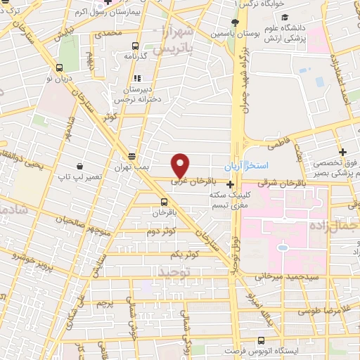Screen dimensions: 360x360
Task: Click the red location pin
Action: (x=181, y=165)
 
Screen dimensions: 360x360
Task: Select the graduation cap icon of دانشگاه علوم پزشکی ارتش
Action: (x=283, y=18)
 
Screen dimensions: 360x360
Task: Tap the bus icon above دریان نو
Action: (x=59, y=68)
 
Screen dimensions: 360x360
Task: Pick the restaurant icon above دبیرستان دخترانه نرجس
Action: (x=137, y=78)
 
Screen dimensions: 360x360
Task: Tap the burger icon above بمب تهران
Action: (x=131, y=156)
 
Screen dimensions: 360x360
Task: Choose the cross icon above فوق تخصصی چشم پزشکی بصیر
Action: (x=342, y=152)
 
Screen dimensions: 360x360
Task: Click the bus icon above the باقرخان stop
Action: (x=163, y=200)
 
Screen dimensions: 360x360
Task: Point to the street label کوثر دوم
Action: (x=161, y=231)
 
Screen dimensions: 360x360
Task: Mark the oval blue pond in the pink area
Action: (x=283, y=247)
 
